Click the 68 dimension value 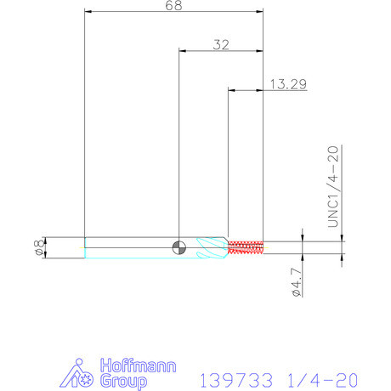173,5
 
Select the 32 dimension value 221,45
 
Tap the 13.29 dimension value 288,84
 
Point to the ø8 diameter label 39,248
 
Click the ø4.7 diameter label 297,282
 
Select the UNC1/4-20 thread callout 333,187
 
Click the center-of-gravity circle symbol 179,248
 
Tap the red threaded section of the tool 246,247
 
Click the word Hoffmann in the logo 139,365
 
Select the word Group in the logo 124,381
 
